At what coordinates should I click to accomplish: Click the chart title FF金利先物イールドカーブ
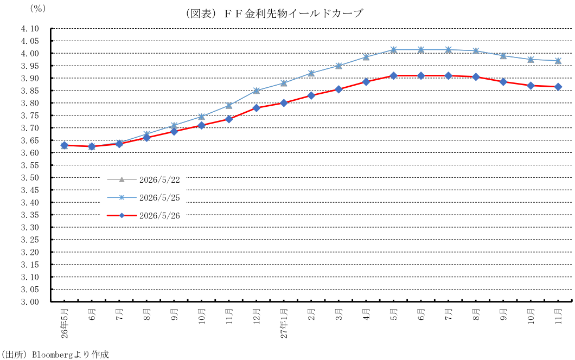[274, 14]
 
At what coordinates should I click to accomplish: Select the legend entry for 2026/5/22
[143, 179]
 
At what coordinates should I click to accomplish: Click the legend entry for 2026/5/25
[143, 197]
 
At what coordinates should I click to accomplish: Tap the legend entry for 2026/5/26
[143, 216]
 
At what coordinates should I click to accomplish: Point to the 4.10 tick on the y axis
[30, 29]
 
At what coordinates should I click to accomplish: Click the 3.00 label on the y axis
[30, 301]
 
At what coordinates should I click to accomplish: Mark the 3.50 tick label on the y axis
[30, 177]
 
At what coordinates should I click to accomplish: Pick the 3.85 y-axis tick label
[30, 91]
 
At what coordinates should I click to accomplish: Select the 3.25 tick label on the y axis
[30, 240]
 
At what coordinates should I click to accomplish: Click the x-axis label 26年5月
[65, 323]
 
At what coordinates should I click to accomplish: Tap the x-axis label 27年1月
[284, 323]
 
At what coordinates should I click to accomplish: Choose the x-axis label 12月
[257, 317]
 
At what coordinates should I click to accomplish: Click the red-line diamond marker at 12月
[257, 108]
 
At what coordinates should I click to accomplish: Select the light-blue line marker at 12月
[257, 91]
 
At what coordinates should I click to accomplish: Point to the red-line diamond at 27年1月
[284, 103]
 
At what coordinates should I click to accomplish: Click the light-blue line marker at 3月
[339, 66]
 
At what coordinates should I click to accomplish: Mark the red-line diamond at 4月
[366, 82]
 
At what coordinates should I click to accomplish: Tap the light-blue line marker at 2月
[311, 73]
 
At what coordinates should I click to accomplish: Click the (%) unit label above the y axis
[37, 9]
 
